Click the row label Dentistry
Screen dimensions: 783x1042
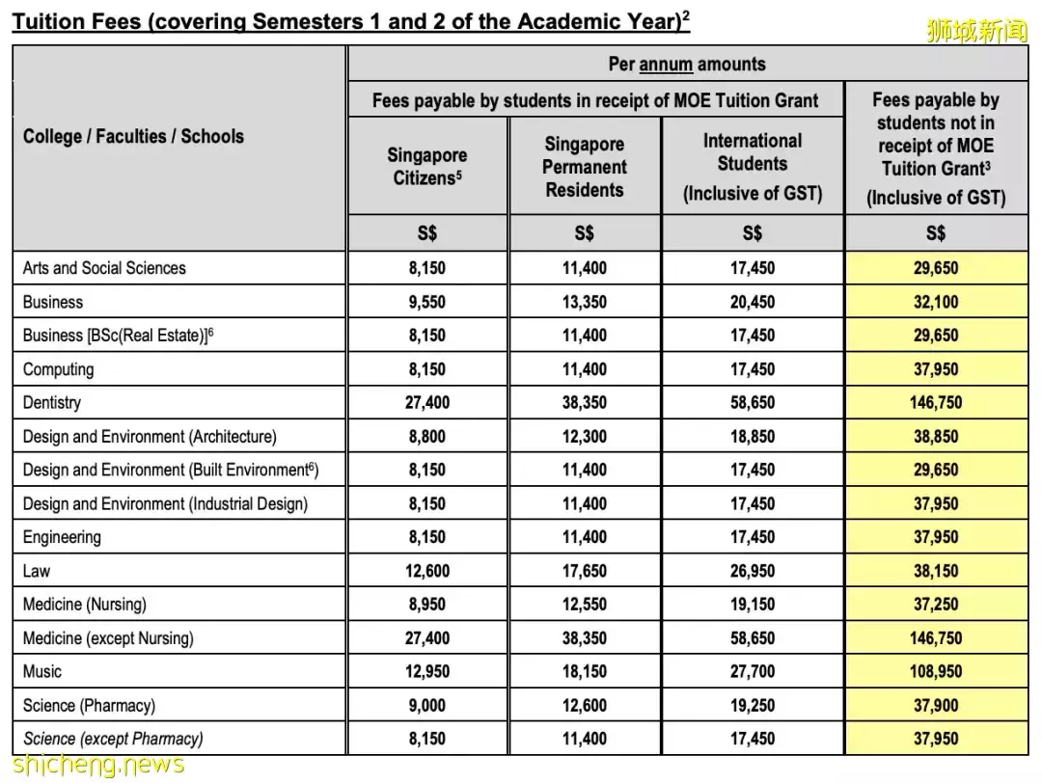52,403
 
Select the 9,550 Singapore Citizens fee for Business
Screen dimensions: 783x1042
426,302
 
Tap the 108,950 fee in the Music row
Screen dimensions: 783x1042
936,671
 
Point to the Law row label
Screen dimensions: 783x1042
37,571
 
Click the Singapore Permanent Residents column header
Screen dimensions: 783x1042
584,167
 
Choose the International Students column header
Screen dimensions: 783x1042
753,166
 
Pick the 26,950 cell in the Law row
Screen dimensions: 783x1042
753,571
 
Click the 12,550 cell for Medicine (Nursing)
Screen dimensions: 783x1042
584,605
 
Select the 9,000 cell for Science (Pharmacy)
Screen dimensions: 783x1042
426,705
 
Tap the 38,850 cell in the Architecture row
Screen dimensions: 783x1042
936,437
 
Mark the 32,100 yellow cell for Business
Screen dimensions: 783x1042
936,302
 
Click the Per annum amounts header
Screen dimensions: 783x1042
687,65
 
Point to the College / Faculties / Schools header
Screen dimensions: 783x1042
133,136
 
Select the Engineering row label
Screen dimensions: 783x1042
62,537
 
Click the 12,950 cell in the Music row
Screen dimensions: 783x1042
426,671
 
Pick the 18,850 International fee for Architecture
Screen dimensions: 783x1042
753,437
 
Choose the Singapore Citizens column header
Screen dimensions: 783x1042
426,166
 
